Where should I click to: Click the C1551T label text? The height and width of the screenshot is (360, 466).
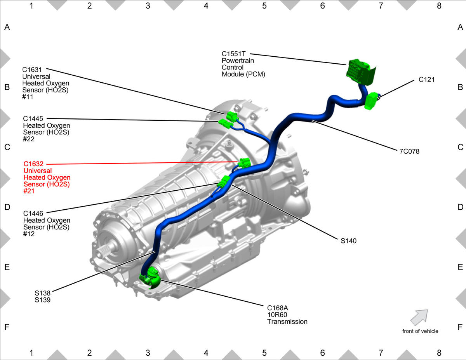point(233,54)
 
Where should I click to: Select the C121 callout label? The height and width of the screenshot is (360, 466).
point(426,80)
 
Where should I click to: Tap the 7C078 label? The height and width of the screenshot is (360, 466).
point(409,151)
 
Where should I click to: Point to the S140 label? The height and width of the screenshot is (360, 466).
point(348,241)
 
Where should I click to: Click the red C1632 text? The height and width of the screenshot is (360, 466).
point(33,164)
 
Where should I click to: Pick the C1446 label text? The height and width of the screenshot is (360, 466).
point(33,213)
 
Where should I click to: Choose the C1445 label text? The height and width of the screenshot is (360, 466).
point(33,118)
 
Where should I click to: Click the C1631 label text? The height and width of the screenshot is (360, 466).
point(32,70)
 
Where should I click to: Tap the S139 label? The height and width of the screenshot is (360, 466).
point(42,300)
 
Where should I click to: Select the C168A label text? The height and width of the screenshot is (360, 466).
point(278,308)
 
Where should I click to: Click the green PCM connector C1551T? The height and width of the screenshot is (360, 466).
point(361,72)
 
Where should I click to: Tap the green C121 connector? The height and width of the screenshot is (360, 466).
point(371,101)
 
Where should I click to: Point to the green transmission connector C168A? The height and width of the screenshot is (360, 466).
point(150,277)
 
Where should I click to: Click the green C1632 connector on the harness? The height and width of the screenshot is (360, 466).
point(245,163)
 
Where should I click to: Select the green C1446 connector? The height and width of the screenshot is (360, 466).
point(224,181)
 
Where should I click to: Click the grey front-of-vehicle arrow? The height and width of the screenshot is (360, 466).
point(419,317)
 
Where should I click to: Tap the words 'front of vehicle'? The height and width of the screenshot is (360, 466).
point(420,331)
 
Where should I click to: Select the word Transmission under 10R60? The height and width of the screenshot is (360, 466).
point(287,322)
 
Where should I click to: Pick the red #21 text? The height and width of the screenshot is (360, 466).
point(29,191)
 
